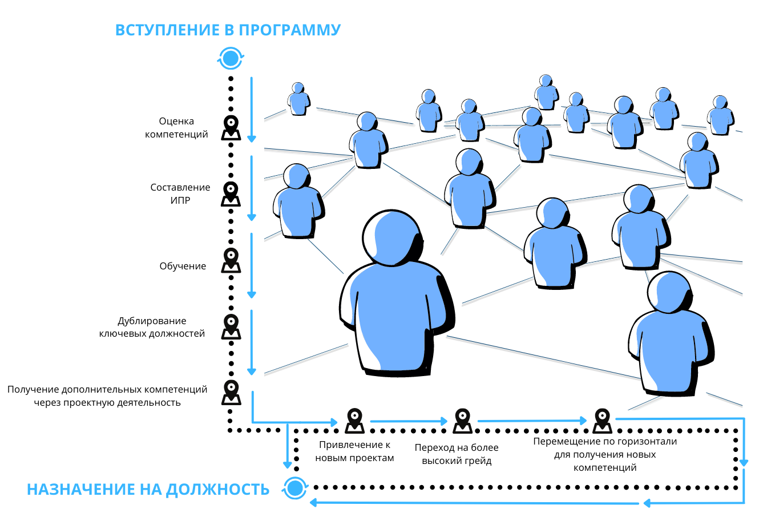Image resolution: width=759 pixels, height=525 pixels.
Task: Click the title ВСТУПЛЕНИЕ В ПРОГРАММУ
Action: [228, 30]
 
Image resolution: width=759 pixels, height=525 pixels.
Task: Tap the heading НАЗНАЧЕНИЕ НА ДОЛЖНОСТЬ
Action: [148, 489]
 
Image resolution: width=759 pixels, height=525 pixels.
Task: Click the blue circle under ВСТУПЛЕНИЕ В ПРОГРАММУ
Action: [231, 58]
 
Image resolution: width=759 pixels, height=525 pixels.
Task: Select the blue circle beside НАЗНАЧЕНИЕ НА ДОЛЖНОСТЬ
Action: [295, 488]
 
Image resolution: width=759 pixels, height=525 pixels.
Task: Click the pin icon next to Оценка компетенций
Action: [231, 127]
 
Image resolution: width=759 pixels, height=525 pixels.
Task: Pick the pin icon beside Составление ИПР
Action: [231, 193]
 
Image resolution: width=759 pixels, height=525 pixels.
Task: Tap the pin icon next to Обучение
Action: [231, 260]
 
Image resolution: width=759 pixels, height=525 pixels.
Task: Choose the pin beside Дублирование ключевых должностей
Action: [231, 326]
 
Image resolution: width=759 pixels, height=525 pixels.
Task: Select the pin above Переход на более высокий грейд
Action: [462, 420]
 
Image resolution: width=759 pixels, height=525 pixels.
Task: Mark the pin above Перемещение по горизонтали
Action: [602, 420]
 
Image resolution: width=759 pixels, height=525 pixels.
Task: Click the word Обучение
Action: [183, 266]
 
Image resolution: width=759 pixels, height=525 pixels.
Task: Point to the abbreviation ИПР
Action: [180, 200]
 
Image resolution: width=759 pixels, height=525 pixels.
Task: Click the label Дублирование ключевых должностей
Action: [152, 327]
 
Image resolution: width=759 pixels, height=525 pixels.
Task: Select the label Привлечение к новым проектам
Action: [354, 451]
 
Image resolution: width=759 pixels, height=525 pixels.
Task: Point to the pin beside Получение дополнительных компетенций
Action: [231, 392]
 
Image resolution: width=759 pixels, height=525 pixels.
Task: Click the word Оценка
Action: [176, 121]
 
